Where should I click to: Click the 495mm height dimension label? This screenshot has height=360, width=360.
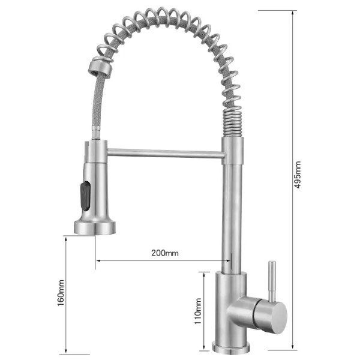click(x=298, y=175)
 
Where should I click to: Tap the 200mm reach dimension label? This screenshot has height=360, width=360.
click(x=165, y=253)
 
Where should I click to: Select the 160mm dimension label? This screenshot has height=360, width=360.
click(x=61, y=293)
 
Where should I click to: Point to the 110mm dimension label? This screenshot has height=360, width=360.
click(x=198, y=311)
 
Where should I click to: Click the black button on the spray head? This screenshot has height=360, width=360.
click(x=85, y=196)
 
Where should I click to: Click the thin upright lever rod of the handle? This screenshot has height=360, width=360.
click(x=272, y=282)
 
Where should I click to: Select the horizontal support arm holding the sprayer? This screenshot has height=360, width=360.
click(x=166, y=153)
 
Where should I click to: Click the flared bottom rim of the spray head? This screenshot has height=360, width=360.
click(x=95, y=227)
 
